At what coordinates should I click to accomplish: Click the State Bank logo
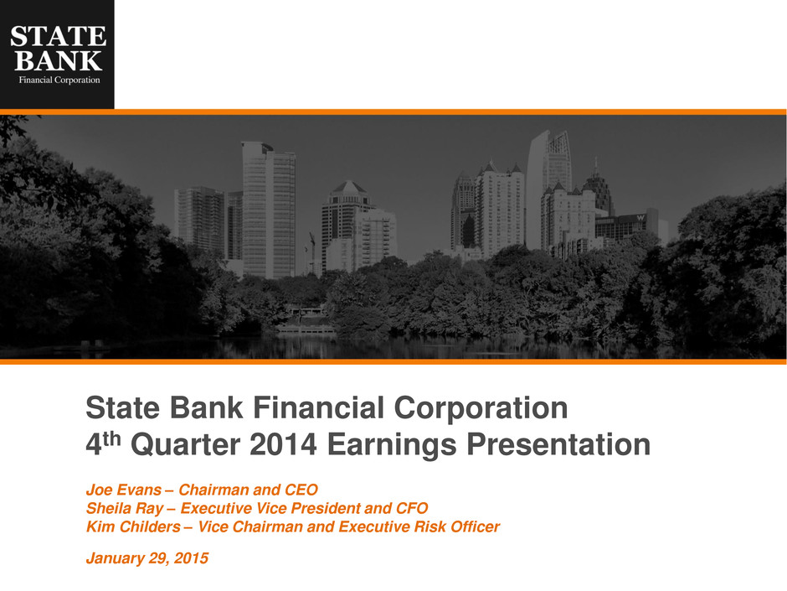(57, 54)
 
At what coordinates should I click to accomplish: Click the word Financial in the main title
(319, 407)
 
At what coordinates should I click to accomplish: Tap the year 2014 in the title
(283, 445)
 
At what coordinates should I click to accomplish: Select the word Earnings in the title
(392, 446)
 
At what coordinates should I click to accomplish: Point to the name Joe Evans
(123, 490)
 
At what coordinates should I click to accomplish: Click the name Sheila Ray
(125, 509)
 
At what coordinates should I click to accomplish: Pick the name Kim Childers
(133, 526)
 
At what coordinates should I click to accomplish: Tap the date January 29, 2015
(147, 558)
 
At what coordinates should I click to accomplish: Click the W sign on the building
(640, 218)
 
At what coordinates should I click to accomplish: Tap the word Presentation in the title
(558, 445)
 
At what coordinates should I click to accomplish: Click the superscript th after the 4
(112, 438)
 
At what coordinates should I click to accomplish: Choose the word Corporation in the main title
(481, 408)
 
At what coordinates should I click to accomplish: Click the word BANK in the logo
(59, 61)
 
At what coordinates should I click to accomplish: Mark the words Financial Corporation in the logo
(59, 80)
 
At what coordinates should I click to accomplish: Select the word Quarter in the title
(186, 445)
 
